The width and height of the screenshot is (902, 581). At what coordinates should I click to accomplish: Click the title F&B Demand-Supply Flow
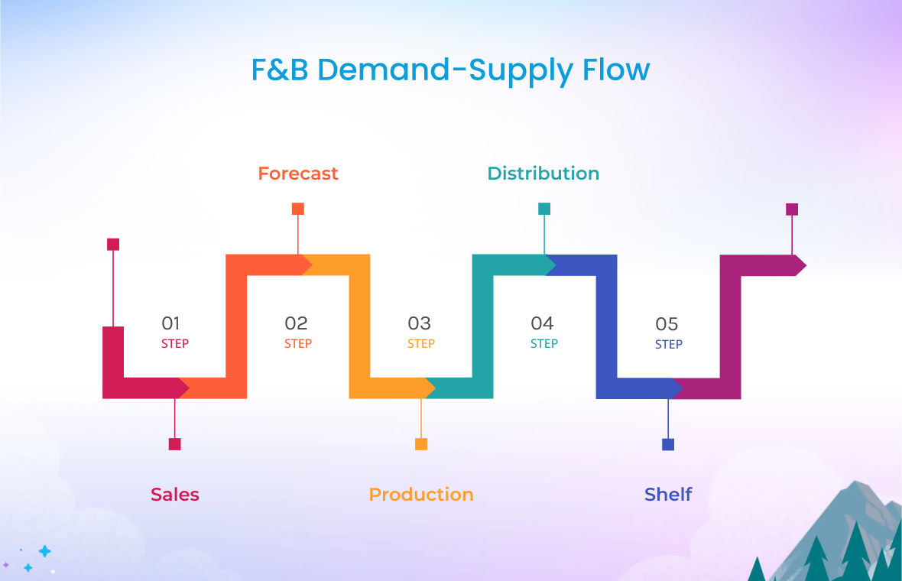450,70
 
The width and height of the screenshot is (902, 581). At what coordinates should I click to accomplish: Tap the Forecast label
298,174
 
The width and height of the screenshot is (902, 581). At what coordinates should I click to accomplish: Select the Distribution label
543,174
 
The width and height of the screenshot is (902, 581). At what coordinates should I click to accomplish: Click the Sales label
175,495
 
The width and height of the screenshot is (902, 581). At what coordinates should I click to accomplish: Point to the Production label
421,495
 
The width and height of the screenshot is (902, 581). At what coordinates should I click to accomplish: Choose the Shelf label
668,495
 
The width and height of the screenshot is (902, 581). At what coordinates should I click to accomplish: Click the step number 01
170,323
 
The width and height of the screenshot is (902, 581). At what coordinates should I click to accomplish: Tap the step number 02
296,323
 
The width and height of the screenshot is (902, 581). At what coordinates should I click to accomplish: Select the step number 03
419,323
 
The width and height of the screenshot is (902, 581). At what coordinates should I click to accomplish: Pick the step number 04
542,323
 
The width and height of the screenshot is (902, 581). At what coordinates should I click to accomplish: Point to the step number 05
667,324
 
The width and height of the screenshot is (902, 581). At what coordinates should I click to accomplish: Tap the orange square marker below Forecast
298,209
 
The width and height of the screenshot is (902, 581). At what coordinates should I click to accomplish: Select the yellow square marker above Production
421,444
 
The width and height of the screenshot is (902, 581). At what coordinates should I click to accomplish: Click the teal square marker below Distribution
544,209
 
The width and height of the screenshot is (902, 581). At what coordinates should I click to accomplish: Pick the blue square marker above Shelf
668,444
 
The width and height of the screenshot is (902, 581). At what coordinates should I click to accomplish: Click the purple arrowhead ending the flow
800,265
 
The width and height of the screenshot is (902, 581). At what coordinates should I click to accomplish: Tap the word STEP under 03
421,344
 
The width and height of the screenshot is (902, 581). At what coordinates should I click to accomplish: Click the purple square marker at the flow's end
792,209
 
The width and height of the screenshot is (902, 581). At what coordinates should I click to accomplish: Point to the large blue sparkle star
45,551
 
